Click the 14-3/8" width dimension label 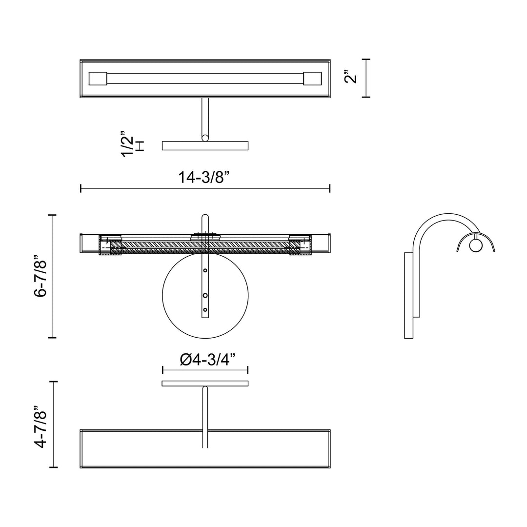click(204, 177)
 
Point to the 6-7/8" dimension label click(41, 277)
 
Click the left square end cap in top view click(98, 79)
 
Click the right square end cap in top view click(312, 79)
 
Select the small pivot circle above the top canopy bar click(205, 138)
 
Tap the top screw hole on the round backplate click(205, 270)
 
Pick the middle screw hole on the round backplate click(205, 295)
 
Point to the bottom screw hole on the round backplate click(205, 310)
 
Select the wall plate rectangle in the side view click(409, 295)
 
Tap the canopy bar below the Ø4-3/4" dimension click(205, 383)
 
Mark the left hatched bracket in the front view click(110, 245)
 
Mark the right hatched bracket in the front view click(300, 245)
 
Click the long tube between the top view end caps click(205, 79)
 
